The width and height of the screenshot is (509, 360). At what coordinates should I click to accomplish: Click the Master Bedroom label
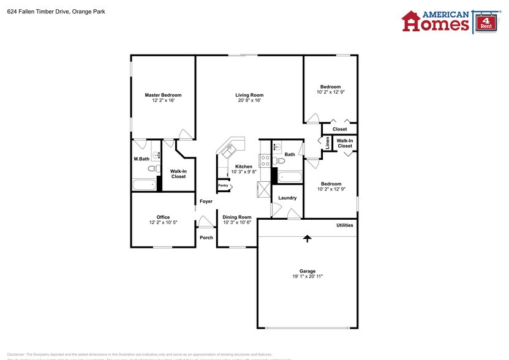[x=163, y=95]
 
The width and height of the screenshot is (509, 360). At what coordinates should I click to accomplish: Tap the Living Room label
[x=249, y=95]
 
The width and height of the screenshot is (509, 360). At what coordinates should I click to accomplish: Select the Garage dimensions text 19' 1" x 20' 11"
[x=307, y=277]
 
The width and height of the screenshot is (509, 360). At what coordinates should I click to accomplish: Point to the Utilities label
[x=344, y=225]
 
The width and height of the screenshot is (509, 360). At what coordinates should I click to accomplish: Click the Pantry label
[x=223, y=185]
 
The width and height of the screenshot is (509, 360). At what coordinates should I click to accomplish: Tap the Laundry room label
[x=287, y=198]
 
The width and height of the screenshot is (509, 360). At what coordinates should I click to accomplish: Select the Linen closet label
[x=328, y=143]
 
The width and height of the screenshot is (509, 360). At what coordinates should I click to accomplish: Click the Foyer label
[x=206, y=201]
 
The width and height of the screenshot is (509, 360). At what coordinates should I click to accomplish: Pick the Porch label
[x=206, y=238]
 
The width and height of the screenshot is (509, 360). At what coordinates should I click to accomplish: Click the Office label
[x=163, y=217]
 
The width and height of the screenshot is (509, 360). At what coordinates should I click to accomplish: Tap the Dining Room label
[x=236, y=217]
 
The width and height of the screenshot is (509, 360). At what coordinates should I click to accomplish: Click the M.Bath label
[x=141, y=159]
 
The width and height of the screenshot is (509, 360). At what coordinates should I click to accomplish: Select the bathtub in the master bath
[x=144, y=185]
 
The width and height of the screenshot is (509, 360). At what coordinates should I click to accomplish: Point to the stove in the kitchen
[x=265, y=161]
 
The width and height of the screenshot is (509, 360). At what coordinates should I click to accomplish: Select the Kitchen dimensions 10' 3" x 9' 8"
[x=244, y=172]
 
